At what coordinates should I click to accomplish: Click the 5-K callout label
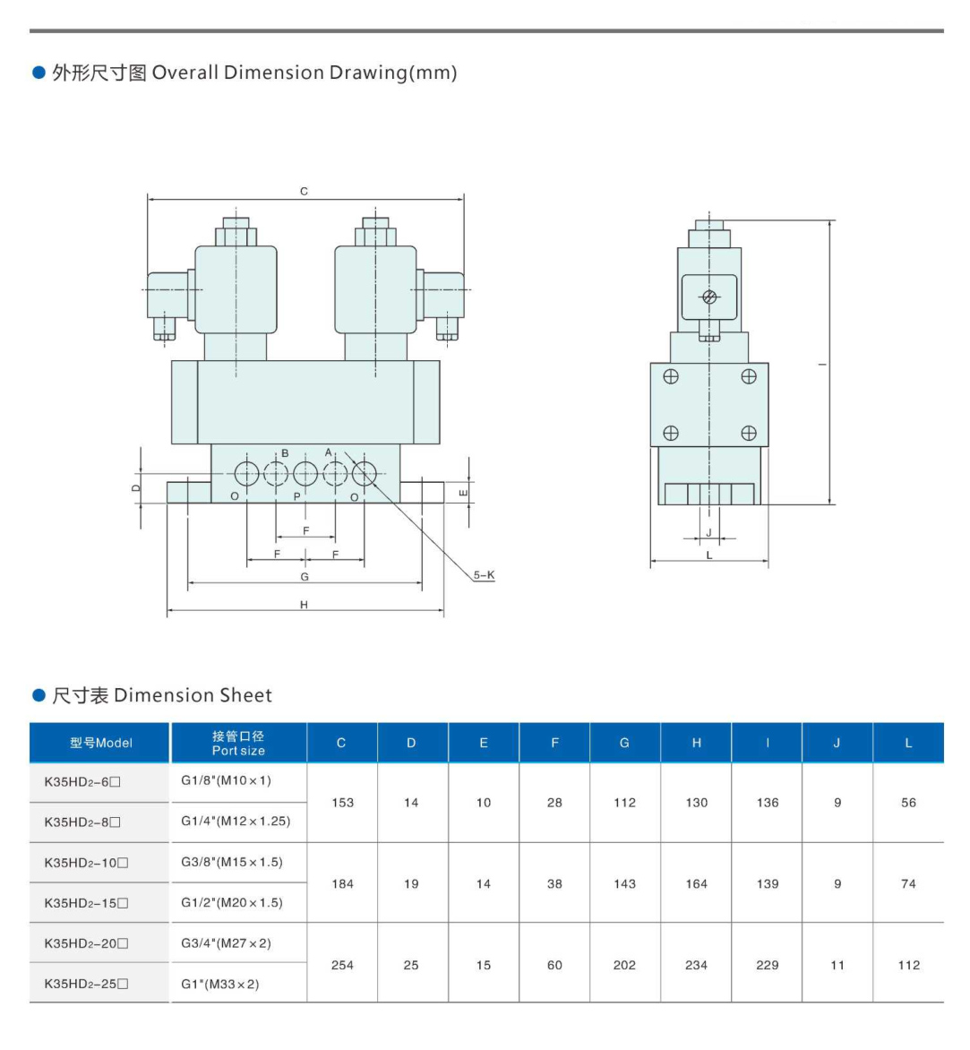coord(484,575)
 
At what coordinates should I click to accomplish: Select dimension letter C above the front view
coord(304,191)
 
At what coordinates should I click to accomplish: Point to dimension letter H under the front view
coord(304,605)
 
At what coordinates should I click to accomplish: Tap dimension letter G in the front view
coord(305,576)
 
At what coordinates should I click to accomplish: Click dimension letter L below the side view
coord(708,555)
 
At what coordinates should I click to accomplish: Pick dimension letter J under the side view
coord(708,532)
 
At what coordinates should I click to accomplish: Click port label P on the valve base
coord(297,496)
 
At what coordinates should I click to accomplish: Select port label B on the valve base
coord(285,453)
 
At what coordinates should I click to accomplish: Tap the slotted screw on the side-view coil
coord(709,297)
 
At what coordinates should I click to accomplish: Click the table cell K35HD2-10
coord(86,863)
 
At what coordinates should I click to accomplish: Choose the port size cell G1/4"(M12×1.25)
coord(236,821)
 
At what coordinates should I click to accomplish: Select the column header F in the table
coord(554,743)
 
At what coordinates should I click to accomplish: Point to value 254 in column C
coord(342,965)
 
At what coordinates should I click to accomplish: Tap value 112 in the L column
coord(908,965)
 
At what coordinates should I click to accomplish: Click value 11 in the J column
coord(837,965)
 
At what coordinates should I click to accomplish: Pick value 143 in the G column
coord(624,883)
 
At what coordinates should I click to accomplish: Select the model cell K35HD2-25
coord(86,984)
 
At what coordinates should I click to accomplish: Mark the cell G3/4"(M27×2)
coord(226,943)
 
